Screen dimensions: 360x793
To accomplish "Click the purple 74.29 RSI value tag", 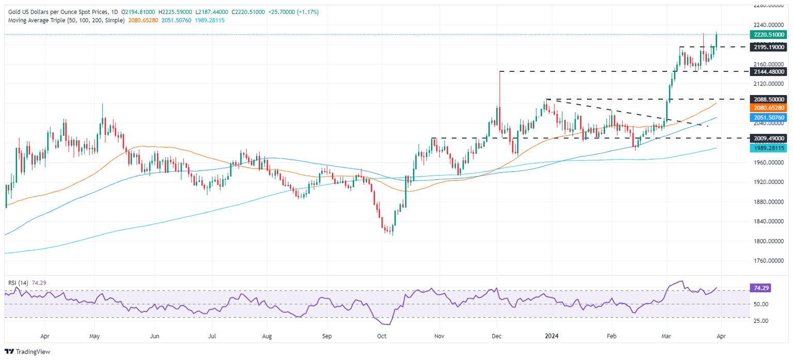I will coord(759,289).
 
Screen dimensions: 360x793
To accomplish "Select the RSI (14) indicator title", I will coord(18,283).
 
